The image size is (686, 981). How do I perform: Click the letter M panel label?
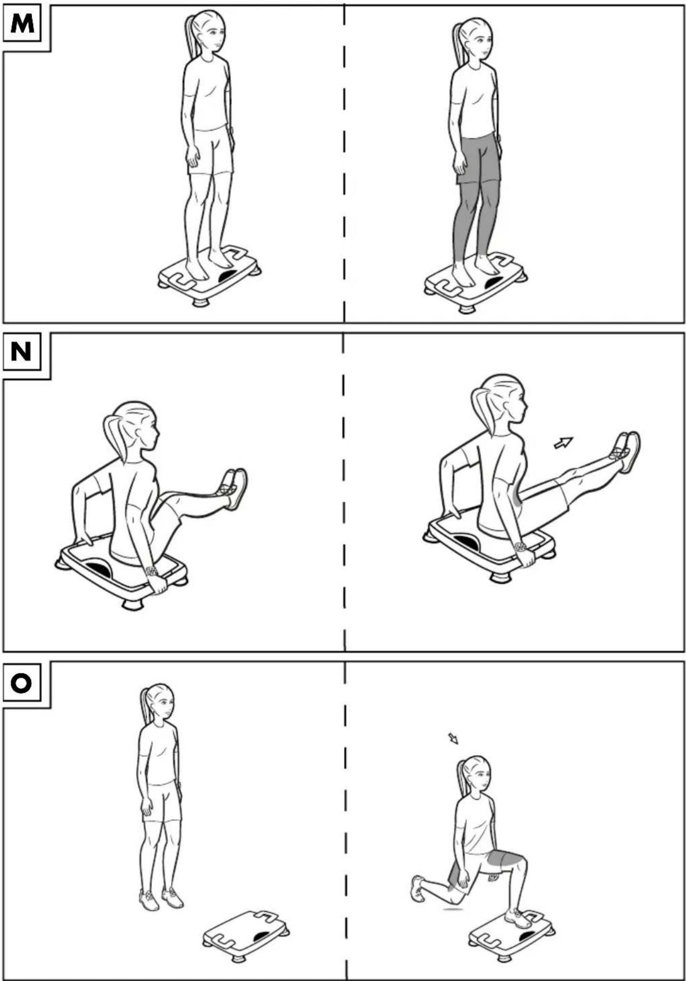tap(22, 23)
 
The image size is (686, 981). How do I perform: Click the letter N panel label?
tap(21, 351)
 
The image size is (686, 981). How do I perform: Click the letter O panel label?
tap(21, 683)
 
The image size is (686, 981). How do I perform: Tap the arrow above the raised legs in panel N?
tap(563, 443)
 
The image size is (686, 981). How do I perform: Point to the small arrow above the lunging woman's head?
tap(453, 739)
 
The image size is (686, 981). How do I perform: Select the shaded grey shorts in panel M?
tap(478, 159)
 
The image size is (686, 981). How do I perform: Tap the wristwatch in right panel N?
tap(520, 548)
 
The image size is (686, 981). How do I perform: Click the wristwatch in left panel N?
tap(151, 571)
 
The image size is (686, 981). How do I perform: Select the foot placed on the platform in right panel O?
tap(518, 918)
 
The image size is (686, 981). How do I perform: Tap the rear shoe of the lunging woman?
tap(417, 889)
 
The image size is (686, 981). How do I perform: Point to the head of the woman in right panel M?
tap(474, 41)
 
